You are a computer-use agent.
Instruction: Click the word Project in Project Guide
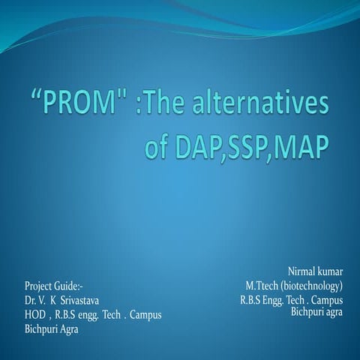[40, 286]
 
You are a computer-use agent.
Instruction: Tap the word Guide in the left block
[71, 286]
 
